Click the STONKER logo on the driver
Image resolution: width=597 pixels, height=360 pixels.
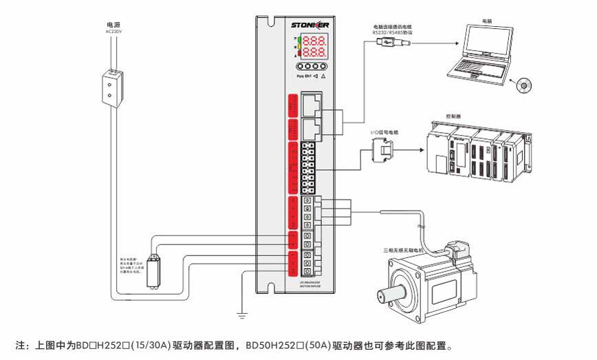(x=310, y=25)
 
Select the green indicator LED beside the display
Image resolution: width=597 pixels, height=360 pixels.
(x=298, y=45)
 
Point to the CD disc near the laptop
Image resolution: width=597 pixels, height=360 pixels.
(x=525, y=86)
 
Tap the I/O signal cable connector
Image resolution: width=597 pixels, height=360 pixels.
(x=382, y=150)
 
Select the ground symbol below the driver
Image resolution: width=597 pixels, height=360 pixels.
(x=242, y=315)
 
